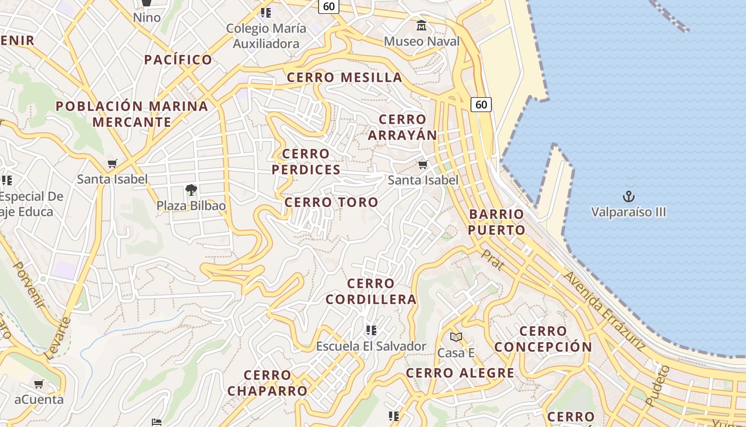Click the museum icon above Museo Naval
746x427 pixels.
(x=421, y=25)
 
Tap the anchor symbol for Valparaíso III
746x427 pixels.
(x=629, y=196)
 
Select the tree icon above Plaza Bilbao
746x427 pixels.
(x=191, y=189)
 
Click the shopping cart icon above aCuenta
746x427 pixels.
(x=39, y=384)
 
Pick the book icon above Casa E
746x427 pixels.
(x=456, y=337)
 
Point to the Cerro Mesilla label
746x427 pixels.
(x=345, y=77)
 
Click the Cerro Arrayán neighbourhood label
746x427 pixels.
(x=402, y=127)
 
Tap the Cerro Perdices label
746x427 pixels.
(x=306, y=162)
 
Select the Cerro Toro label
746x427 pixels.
(x=331, y=202)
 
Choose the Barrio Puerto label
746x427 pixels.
(x=497, y=222)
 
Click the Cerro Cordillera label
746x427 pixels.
(x=371, y=291)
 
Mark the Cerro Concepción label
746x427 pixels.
(x=543, y=339)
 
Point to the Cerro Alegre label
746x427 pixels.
(x=460, y=373)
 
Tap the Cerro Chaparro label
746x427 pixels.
(x=267, y=383)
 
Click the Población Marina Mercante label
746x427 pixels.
(x=132, y=114)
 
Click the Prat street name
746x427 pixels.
(x=492, y=259)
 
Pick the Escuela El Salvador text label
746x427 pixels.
(x=371, y=346)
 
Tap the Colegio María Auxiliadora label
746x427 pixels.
(x=266, y=36)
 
